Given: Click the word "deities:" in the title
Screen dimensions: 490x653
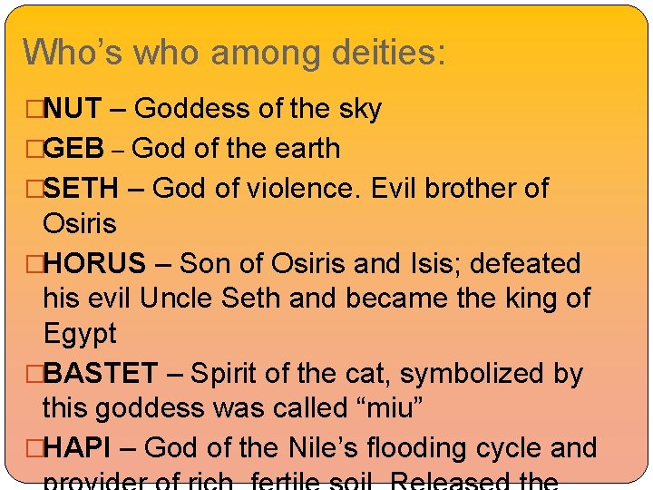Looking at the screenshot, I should point(388,52).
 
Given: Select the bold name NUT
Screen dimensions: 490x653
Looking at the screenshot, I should point(75,109).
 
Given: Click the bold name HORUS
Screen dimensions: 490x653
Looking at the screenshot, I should point(94,263).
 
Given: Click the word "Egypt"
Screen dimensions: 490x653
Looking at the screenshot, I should point(80,334).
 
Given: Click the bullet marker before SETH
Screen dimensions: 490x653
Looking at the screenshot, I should point(35,188).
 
